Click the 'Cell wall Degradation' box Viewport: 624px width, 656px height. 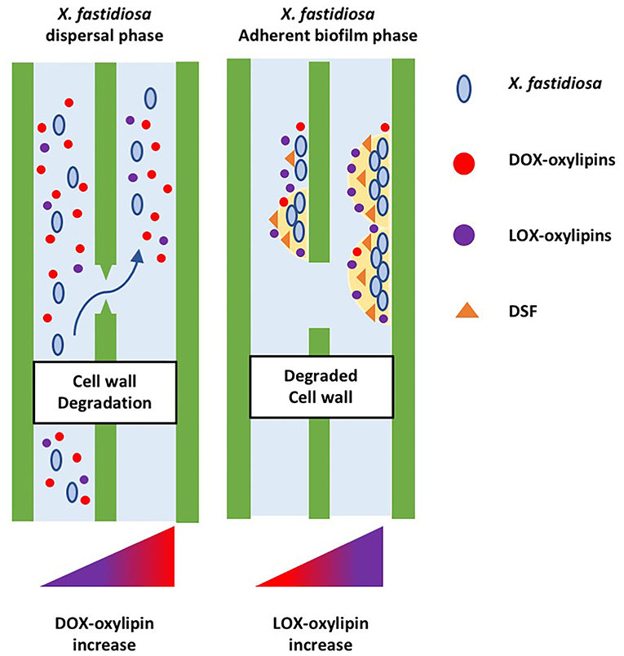(x=105, y=392)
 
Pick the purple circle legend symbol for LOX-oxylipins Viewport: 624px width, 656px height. (x=462, y=236)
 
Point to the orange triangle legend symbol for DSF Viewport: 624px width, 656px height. (x=462, y=309)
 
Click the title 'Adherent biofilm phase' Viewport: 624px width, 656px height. (x=321, y=38)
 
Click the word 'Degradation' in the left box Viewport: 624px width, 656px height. (x=105, y=402)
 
